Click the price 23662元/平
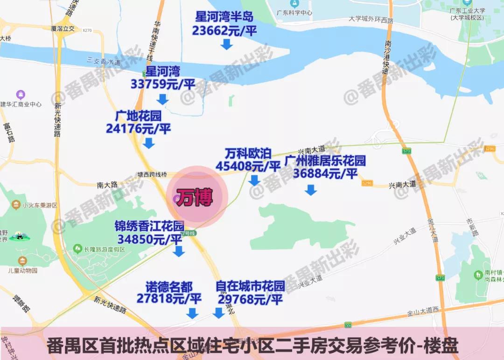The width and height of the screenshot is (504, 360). coord(224,31)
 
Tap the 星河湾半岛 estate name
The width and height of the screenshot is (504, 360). coord(224,17)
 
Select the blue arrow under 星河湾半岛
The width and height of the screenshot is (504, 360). coord(227,44)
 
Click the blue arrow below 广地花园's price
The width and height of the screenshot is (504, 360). coord(149,143)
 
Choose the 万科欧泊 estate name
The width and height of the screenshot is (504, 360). coord(248,153)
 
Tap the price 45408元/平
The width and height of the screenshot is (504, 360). coord(248,166)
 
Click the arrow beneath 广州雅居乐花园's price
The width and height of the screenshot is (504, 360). coord(310,190)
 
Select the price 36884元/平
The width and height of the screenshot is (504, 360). coord(325,173)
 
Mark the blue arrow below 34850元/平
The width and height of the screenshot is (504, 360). coord(179,252)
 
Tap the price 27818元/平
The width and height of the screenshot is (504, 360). coord(169,298)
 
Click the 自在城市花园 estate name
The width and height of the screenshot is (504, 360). coord(250,286)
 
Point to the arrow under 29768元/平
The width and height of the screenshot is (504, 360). coord(218,313)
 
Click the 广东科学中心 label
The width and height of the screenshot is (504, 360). coord(294,13)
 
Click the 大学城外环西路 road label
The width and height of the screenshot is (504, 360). coord(371,20)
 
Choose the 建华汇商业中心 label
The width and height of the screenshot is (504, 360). coord(21,104)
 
